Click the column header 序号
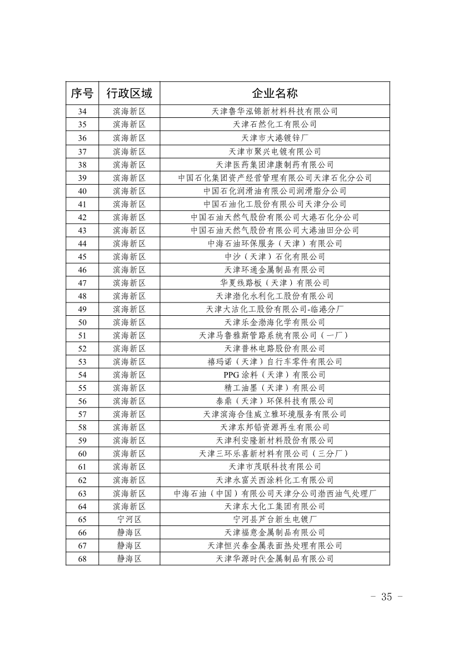coord(82,93)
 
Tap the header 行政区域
coord(129,93)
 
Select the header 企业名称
coord(275,93)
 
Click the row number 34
coord(82,111)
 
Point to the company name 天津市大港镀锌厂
coord(275,138)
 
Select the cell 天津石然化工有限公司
coord(275,125)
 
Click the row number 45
coord(82,256)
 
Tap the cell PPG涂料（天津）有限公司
coord(275,375)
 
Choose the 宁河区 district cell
coord(129,519)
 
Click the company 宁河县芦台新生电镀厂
coord(275,519)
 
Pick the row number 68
coord(82,559)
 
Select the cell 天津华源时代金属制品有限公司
coord(275,559)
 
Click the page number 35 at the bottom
coord(386,597)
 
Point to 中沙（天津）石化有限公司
coord(275,256)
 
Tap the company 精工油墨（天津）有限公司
coord(275,388)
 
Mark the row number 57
coord(82,414)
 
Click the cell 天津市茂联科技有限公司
coord(275,467)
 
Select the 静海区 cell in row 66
coord(129,533)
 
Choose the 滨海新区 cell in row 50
coord(129,322)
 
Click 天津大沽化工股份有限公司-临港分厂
coord(275,309)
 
